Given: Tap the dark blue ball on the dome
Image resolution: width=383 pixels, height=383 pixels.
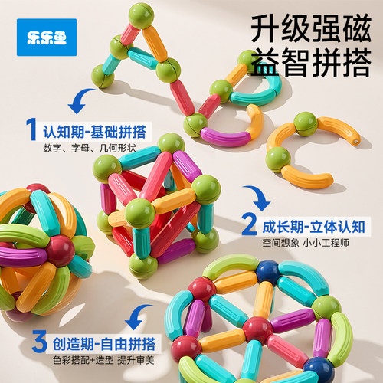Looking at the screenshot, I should click(x=269, y=273).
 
